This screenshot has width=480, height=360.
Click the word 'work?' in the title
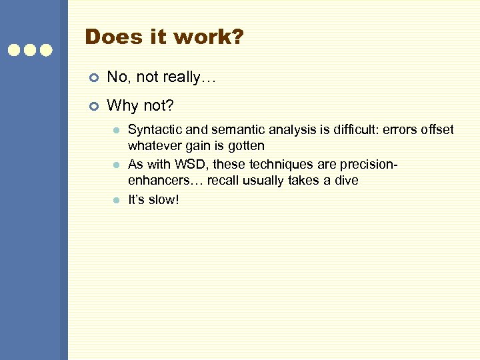coord(209,37)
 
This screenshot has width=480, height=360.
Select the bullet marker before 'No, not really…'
coord(93,78)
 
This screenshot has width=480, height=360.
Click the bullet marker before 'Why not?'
coord(93,106)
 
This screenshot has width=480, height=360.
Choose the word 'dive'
coord(345,181)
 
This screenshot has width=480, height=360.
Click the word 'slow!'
coord(163,199)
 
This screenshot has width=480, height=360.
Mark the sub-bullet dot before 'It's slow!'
coord(115,200)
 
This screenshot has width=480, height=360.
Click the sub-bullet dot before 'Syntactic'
coord(115,130)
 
